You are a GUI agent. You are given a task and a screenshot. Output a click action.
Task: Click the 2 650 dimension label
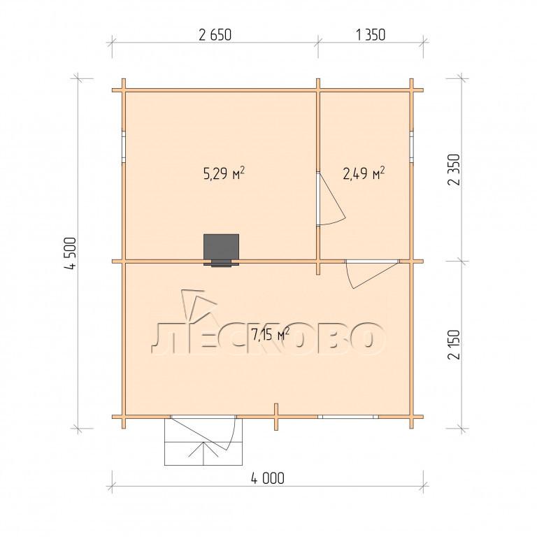(215, 35)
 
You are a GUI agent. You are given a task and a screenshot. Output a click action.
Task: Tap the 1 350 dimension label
(371, 35)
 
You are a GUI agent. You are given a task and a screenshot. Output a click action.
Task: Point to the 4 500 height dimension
(71, 253)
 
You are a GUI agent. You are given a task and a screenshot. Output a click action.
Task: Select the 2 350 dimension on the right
(453, 169)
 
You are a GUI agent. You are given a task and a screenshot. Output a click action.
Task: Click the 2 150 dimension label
(453, 344)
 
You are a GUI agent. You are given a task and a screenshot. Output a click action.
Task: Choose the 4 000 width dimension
(268, 478)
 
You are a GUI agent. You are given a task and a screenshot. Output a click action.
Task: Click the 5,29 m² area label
(224, 173)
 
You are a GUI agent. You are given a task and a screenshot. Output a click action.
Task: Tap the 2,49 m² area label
(364, 173)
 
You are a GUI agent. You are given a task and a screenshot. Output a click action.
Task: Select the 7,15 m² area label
(271, 335)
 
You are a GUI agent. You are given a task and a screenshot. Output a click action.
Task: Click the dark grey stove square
(221, 248)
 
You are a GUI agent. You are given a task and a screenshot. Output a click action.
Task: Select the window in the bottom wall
(348, 417)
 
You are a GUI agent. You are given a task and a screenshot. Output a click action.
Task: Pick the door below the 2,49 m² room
(372, 274)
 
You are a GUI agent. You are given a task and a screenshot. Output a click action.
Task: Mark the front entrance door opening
(203, 417)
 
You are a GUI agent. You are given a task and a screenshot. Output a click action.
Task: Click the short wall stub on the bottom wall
(276, 417)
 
